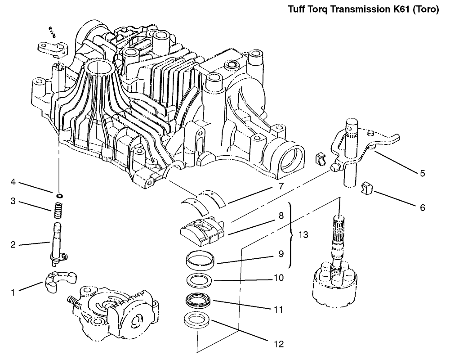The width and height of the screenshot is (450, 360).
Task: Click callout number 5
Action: [x=422, y=173]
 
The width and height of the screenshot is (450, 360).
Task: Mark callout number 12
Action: [x=279, y=344]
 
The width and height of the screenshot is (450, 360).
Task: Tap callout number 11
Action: [x=279, y=310]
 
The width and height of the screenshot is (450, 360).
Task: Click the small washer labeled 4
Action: [x=59, y=195]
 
